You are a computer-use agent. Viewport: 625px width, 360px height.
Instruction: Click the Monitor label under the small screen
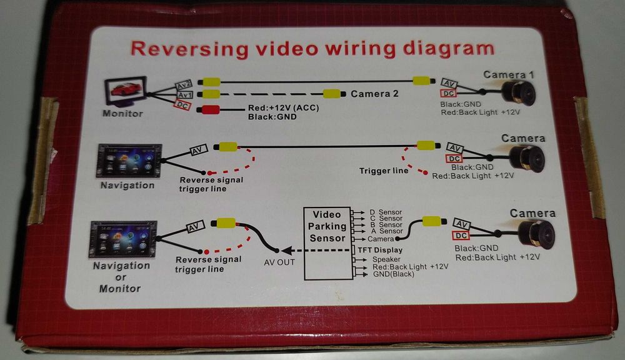(123, 114)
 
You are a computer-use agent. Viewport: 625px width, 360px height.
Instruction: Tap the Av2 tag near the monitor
(184, 85)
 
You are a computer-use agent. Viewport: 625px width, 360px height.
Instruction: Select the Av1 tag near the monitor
(184, 96)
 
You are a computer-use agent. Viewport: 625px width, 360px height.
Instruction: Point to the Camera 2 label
(374, 94)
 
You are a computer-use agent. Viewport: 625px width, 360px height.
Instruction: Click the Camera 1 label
(509, 75)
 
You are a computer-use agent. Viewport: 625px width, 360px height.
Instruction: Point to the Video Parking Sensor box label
(327, 226)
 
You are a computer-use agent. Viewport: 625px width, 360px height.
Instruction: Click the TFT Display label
(380, 250)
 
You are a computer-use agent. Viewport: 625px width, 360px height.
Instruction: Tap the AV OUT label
(278, 262)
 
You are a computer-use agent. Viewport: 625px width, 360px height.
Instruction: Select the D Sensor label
(386, 212)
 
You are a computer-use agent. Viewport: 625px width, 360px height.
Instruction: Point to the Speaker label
(386, 259)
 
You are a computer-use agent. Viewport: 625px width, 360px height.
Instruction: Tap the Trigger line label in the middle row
(384, 171)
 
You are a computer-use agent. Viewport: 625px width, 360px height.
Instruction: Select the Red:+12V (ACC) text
(284, 108)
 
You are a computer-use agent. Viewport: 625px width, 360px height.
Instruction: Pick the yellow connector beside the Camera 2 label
(331, 94)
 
